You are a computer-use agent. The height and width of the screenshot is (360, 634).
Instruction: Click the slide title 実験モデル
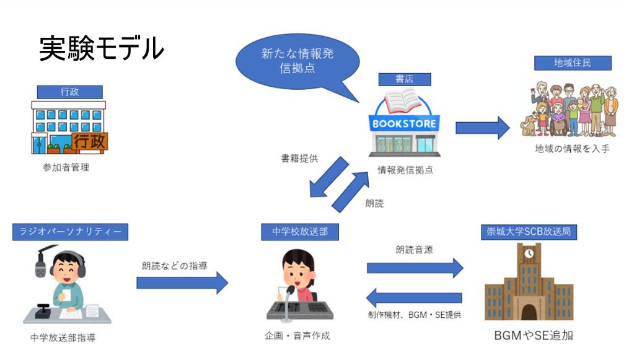[x=102, y=48]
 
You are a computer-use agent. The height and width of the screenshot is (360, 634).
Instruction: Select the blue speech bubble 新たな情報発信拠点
[x=297, y=61]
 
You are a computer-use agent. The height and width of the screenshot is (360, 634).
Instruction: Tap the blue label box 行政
[x=70, y=92]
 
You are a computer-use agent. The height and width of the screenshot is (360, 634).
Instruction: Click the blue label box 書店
[x=404, y=79]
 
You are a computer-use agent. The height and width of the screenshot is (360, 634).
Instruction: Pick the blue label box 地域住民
[x=573, y=63]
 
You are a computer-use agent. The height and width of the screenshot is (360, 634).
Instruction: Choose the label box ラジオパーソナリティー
[x=70, y=232]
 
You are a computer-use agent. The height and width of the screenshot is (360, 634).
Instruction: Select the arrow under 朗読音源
[x=415, y=268]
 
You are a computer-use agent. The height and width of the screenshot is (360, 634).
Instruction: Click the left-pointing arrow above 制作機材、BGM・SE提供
[x=415, y=297]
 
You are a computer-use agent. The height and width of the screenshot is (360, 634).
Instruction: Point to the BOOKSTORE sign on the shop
[x=406, y=123]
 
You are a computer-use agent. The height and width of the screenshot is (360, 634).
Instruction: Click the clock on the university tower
[x=529, y=253]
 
